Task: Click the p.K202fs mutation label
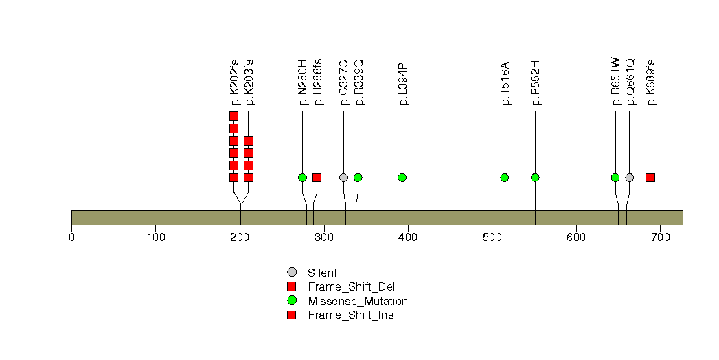click(234, 82)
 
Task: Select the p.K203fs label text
click(249, 82)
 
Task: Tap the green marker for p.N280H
click(302, 177)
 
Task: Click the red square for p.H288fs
click(317, 177)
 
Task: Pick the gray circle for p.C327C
click(343, 177)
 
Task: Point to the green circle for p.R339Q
click(358, 177)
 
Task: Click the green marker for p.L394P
click(402, 177)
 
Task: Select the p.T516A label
click(505, 84)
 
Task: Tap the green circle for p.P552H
click(535, 177)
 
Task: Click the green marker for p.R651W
click(615, 177)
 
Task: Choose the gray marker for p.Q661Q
click(630, 177)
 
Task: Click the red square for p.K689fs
click(650, 177)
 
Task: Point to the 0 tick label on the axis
click(72, 237)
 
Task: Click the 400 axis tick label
click(408, 237)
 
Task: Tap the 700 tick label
click(660, 237)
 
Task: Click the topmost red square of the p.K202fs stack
click(233, 116)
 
